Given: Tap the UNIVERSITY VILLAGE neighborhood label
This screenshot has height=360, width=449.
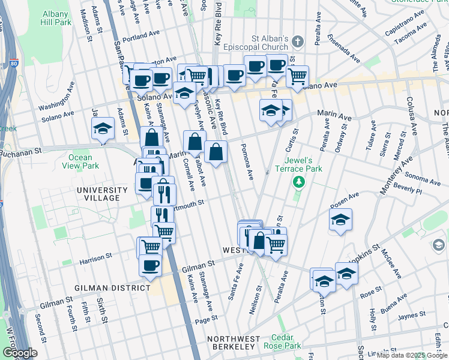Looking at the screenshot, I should pyautogui.click(x=102, y=194).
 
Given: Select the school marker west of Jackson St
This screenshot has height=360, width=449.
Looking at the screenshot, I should pyautogui.click(x=103, y=128).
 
